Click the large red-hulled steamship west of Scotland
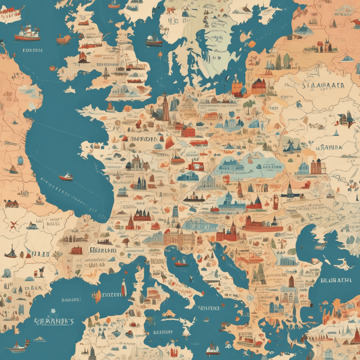pyautogui.click(x=27, y=33)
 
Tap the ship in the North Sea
pyautogui.click(x=154, y=40)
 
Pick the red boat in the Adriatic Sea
pyautogui.click(x=181, y=264)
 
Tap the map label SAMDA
pyautogui.click(x=331, y=147)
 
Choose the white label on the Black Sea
pyautogui.click(x=336, y=280)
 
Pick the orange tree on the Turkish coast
pyautogui.click(x=336, y=304)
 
